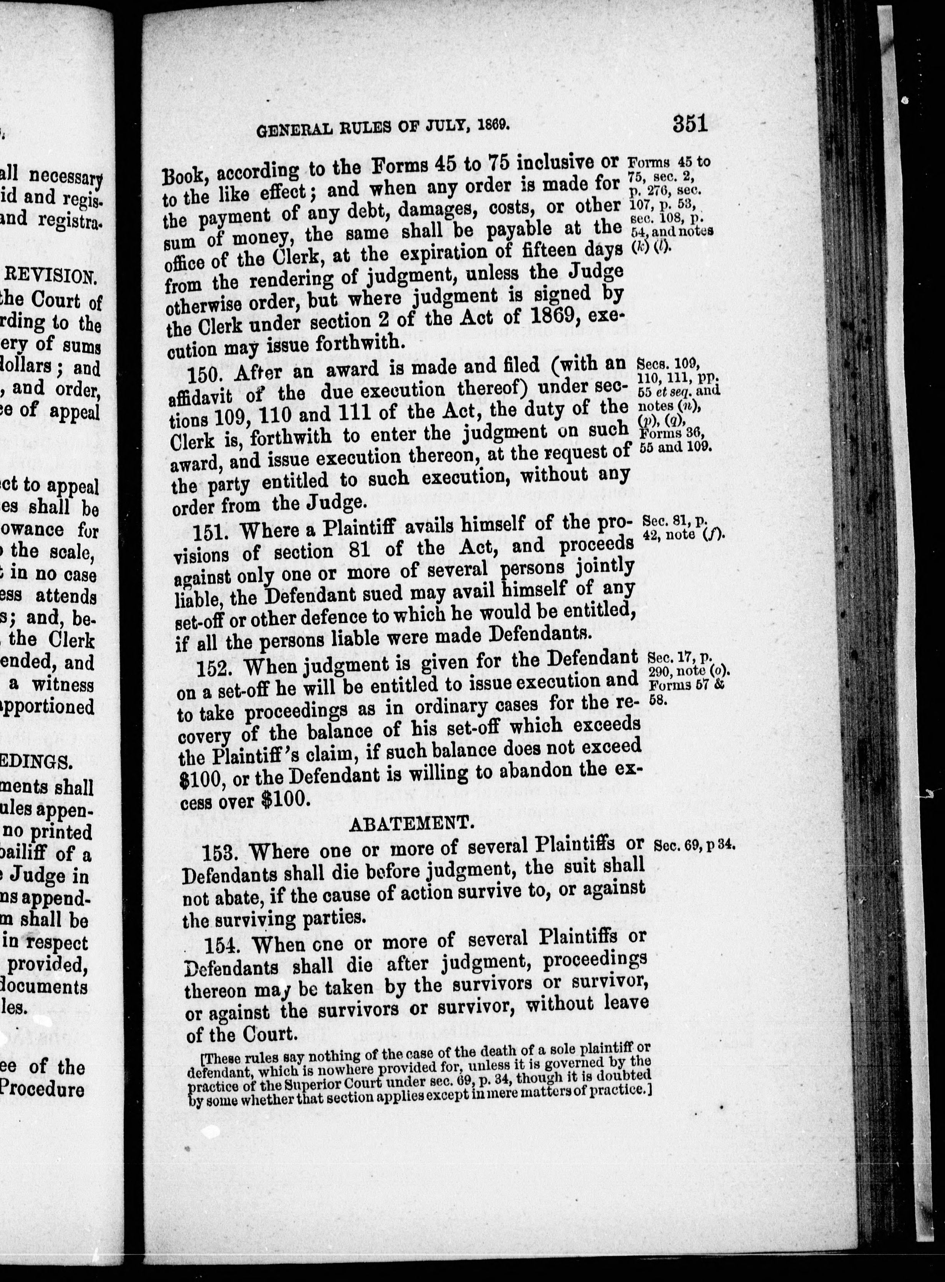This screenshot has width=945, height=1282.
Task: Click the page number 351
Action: point(690,124)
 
